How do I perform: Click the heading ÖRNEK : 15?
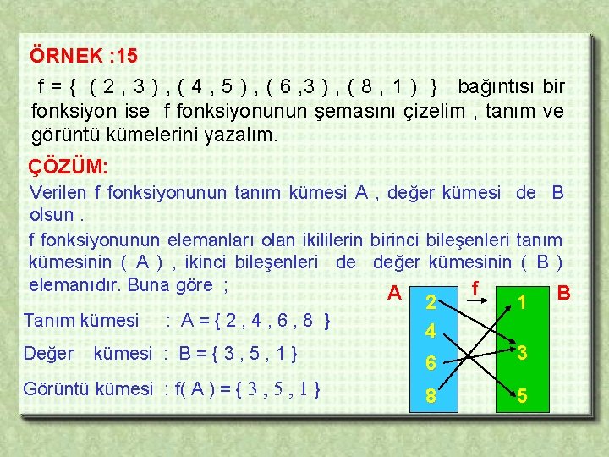(x=83, y=57)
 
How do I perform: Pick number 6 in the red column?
(x=431, y=363)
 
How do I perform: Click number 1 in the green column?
(x=523, y=301)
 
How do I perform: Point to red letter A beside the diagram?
(x=392, y=294)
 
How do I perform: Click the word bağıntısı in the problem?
(x=497, y=87)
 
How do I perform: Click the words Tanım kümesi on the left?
(x=81, y=320)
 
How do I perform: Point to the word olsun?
(x=51, y=214)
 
